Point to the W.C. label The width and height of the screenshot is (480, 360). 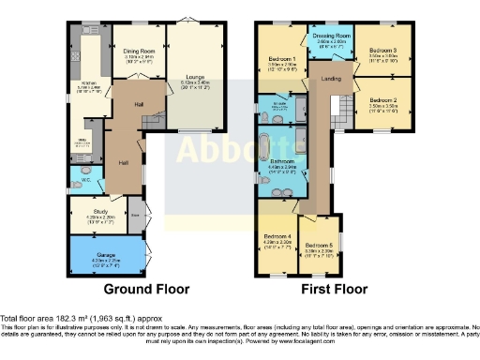[x=84, y=180]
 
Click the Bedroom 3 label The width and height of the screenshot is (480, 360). [x=382, y=51]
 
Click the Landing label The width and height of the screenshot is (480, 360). [x=331, y=79]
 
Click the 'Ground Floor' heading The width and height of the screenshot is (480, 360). [x=145, y=289]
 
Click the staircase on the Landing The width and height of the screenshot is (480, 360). [x=342, y=112]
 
